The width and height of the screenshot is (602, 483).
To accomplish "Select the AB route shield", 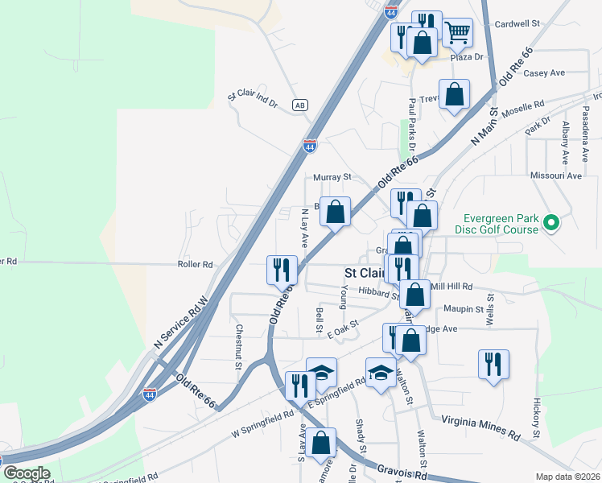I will tap(299, 105).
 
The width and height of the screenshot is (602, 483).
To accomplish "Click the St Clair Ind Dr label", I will tap(252, 99).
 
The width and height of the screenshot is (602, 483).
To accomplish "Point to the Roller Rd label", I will tap(196, 264).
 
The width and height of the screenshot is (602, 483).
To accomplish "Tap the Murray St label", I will tap(332, 176).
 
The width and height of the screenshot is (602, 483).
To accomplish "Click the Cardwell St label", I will tap(517, 23).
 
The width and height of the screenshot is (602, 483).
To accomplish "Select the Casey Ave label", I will tap(544, 72).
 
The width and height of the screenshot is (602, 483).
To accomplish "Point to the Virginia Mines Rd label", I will tap(479, 427).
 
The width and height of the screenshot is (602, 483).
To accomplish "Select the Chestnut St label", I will tap(239, 347).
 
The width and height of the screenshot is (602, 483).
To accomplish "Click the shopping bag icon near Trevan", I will tap(455, 93).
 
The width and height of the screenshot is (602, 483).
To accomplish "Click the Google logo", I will tap(27, 473).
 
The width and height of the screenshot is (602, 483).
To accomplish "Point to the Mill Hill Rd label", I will tap(451, 286).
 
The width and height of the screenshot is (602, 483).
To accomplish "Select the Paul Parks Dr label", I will tap(412, 125).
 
